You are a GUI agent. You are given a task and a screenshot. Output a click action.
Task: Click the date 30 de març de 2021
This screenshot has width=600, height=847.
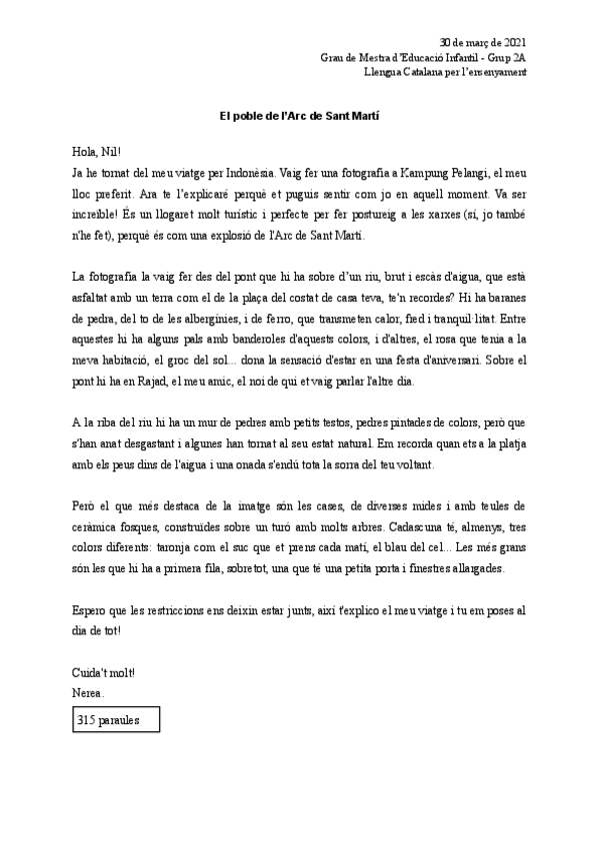[x=483, y=42]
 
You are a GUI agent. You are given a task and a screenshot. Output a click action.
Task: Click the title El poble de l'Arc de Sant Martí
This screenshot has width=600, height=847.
[x=300, y=116]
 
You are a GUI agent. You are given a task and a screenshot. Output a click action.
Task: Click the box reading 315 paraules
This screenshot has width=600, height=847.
[x=115, y=719]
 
